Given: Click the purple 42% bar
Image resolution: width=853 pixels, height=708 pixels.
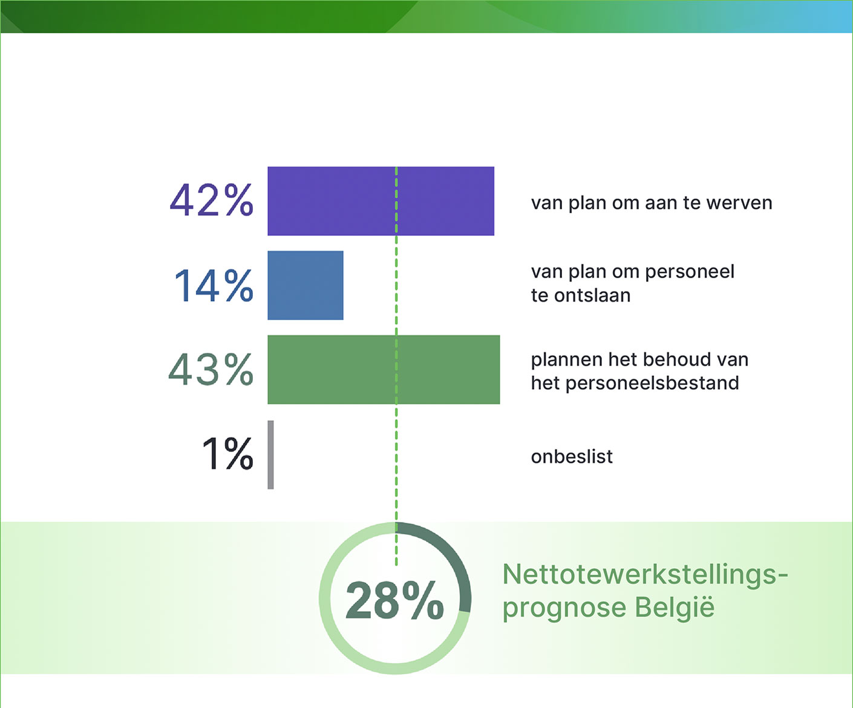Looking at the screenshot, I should click(x=381, y=201).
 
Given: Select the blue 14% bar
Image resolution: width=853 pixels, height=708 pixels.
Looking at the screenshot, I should click(x=305, y=285).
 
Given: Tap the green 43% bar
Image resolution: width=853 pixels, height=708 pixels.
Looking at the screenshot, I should click(x=384, y=369).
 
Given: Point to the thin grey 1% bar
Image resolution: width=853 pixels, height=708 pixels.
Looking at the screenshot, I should click(x=270, y=454).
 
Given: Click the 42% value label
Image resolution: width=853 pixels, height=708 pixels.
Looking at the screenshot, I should click(x=211, y=200).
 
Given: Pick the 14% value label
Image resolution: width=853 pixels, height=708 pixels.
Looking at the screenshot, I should click(x=214, y=285).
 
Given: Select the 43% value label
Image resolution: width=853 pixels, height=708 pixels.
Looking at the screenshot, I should click(x=211, y=369).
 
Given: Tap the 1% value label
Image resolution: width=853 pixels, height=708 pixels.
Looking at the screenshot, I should click(x=227, y=454).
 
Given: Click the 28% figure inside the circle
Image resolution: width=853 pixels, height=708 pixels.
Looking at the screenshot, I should click(x=394, y=600).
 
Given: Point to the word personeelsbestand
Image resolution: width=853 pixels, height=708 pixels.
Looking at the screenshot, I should click(x=652, y=383).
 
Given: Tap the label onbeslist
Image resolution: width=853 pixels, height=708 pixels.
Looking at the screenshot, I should click(x=572, y=456).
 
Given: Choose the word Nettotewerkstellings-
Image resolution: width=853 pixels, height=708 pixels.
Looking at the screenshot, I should click(x=645, y=574).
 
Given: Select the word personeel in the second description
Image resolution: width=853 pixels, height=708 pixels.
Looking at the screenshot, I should click(x=689, y=272).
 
